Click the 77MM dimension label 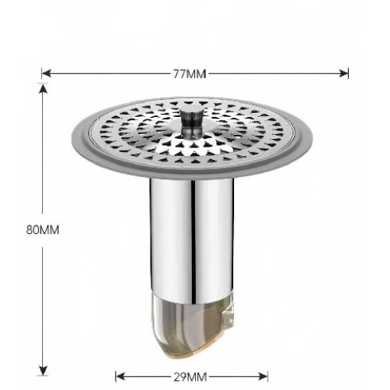point(190,74)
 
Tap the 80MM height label point(43,230)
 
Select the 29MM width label point(190,378)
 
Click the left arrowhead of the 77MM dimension point(46,74)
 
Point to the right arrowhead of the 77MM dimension point(343,74)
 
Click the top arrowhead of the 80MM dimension point(43,88)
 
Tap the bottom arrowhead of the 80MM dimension point(43,370)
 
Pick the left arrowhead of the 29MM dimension point(120,377)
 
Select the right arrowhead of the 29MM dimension point(263,377)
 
